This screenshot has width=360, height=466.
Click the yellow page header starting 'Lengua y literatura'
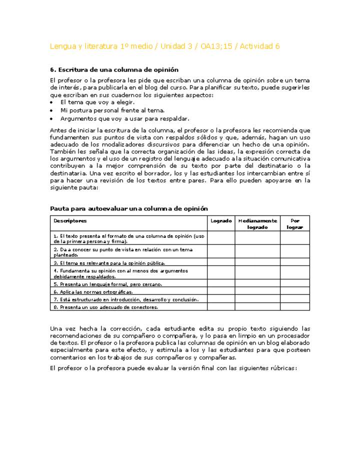point(164,46)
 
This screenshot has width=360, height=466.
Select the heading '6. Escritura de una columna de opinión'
point(114,69)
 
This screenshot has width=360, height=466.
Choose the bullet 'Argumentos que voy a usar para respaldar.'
point(124,118)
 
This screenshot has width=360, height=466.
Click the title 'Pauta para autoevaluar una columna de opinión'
point(129,208)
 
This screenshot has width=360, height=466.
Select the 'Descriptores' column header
point(70,220)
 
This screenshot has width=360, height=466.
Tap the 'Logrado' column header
point(221,220)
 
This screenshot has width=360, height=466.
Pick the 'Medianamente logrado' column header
point(257,223)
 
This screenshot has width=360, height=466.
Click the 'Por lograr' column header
point(294,223)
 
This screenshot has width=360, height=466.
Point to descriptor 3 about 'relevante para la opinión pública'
point(109,262)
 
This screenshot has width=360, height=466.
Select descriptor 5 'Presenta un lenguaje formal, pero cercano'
point(107,284)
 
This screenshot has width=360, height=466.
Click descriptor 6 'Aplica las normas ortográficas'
point(93,291)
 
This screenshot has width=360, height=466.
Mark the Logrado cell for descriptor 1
point(221,237)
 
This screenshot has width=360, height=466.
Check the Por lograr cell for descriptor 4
point(294,273)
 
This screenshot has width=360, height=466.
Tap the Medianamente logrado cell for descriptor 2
point(257,251)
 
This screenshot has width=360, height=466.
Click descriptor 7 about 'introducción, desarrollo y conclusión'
point(126,299)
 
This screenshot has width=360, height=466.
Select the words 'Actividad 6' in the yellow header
point(259,46)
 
